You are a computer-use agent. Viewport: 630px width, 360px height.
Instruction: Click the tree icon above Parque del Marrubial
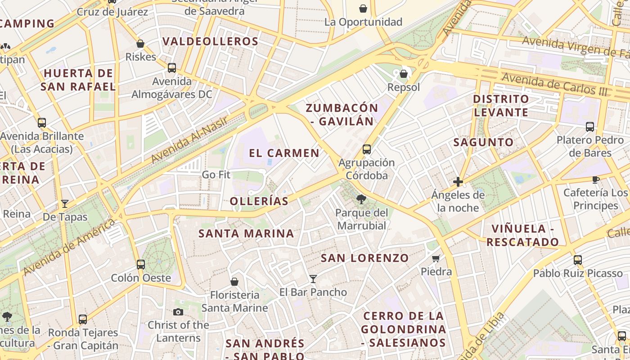(360, 199)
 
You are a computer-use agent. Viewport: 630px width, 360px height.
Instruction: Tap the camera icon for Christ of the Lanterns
(178, 312)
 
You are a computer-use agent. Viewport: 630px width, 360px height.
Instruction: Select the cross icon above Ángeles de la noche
(458, 182)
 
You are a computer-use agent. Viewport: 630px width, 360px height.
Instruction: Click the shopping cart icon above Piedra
(436, 258)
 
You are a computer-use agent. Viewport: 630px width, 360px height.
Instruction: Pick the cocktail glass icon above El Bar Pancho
(313, 279)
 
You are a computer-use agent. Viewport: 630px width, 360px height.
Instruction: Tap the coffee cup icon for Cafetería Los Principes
(596, 180)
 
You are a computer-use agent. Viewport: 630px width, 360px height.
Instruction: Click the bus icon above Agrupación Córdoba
(367, 149)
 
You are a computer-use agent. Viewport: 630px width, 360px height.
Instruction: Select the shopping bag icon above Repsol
(404, 74)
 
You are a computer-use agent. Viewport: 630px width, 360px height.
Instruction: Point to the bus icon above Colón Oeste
(141, 264)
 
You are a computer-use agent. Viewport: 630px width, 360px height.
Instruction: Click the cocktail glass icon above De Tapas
(65, 204)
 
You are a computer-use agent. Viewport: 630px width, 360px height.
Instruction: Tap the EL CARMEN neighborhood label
(284, 153)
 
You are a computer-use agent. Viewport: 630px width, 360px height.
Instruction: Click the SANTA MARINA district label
(246, 234)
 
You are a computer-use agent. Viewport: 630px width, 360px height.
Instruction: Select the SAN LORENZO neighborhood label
(364, 258)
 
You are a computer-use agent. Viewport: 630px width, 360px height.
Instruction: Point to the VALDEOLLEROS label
(210, 42)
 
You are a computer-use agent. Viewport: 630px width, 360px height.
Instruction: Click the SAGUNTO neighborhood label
(483, 142)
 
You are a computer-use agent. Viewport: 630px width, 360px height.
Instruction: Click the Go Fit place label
(216, 175)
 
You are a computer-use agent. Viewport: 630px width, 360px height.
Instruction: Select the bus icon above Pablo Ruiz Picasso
(578, 260)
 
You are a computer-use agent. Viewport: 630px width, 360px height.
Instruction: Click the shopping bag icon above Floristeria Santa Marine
(234, 282)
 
